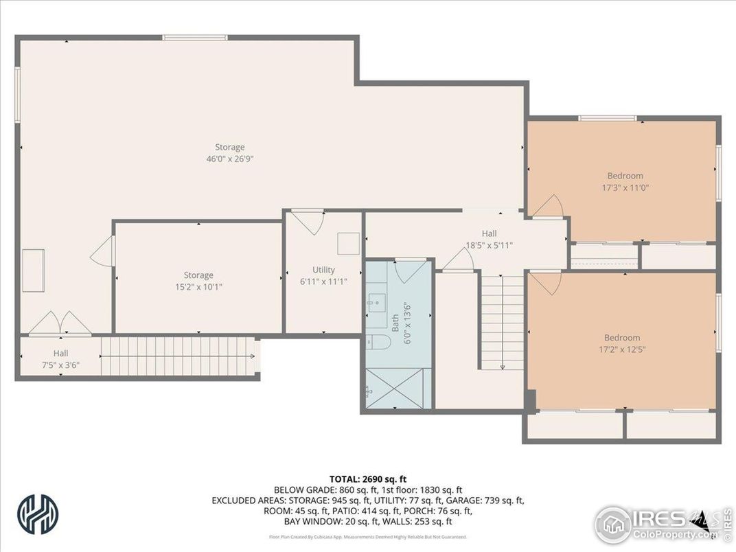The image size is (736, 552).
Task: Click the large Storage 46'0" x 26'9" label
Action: tap(229, 153)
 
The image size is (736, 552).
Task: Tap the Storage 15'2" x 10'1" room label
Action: tap(198, 281)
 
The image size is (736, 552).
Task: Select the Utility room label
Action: tap(323, 275)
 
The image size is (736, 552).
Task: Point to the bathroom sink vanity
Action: tap(377, 302)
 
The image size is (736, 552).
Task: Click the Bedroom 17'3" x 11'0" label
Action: tap(625, 181)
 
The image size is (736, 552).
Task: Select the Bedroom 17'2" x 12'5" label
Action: tap(621, 343)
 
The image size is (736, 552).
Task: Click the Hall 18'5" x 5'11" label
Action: tap(489, 239)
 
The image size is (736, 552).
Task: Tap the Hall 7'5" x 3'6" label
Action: tap(60, 359)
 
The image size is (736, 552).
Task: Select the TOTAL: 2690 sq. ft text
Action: tap(368, 479)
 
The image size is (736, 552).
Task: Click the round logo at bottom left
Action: tap(38, 514)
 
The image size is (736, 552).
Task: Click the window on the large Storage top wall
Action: tap(185, 37)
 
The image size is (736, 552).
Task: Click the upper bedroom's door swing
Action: tap(549, 207)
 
